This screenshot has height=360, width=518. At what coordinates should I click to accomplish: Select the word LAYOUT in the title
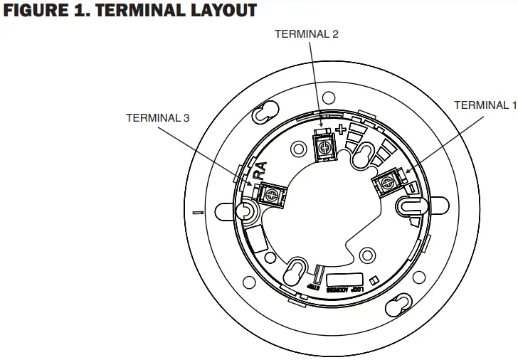[220, 12]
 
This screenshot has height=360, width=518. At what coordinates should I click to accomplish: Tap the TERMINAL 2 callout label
[307, 33]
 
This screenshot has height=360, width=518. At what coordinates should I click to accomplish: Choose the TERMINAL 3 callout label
[157, 117]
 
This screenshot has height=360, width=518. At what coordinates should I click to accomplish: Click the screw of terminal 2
[324, 146]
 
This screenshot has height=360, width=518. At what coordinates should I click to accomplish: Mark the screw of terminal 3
[270, 192]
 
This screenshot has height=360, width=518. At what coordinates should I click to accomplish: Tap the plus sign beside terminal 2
[341, 130]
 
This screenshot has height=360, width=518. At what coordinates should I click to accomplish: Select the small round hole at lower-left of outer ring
[249, 282]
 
